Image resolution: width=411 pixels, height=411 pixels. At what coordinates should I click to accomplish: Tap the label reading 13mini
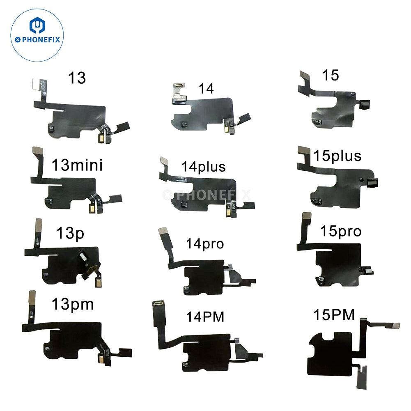coord(77,165)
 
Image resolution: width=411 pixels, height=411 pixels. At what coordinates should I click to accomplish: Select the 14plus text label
coord(204,167)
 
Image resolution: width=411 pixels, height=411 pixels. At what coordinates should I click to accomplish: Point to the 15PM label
coord(334,316)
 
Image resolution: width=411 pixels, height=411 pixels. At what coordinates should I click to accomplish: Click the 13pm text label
coord(73,304)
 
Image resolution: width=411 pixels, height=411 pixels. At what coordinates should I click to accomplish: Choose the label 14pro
coord(205,243)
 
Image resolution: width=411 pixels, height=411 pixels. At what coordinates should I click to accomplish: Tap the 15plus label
coord(337,156)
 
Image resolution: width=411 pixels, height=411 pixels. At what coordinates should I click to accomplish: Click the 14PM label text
coord(205,317)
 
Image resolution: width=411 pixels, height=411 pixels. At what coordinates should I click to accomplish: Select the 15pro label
coord(341,232)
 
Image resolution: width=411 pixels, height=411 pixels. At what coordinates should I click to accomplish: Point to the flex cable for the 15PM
coord(333,353)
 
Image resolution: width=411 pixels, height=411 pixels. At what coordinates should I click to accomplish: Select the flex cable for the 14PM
coord(201,349)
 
